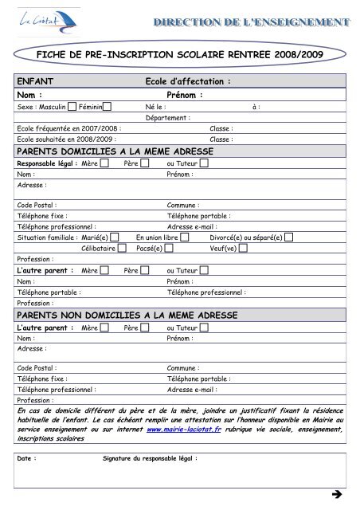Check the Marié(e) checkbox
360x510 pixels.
[x=114, y=237]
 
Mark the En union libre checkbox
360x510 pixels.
[x=185, y=237]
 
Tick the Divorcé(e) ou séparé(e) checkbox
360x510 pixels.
[x=288, y=237]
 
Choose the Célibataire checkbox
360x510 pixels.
[x=122, y=248]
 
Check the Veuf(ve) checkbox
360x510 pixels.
[x=243, y=248]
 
